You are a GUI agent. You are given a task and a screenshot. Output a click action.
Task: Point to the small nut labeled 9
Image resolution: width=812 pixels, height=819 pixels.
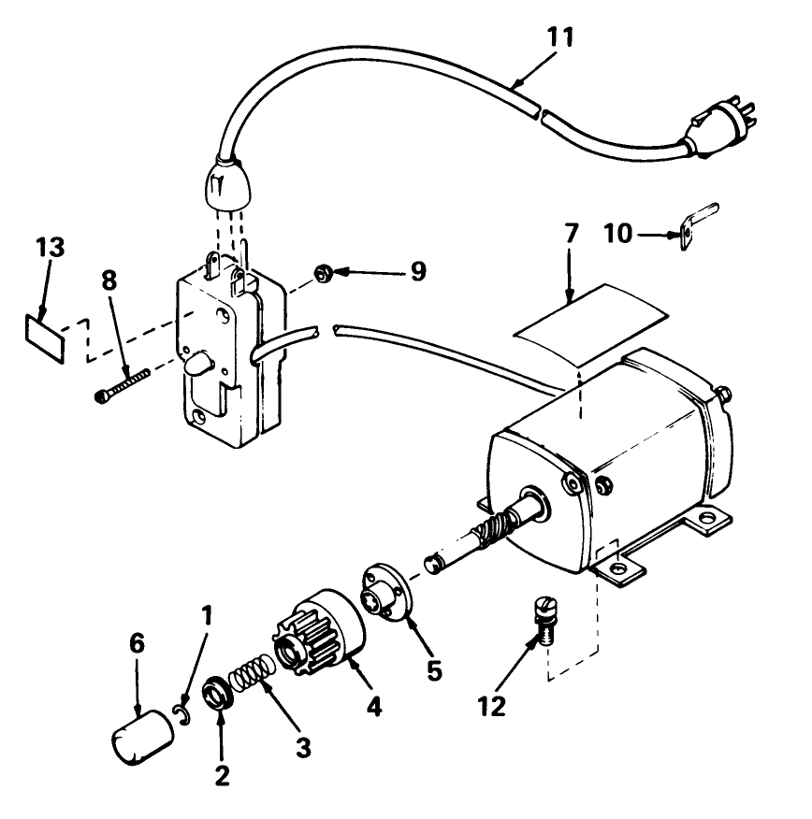pyautogui.click(x=320, y=273)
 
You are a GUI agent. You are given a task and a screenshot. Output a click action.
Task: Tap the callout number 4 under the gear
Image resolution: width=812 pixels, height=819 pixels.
pyautogui.click(x=374, y=707)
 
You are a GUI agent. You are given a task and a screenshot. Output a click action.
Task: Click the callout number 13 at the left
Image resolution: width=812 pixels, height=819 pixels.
pyautogui.click(x=51, y=249)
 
